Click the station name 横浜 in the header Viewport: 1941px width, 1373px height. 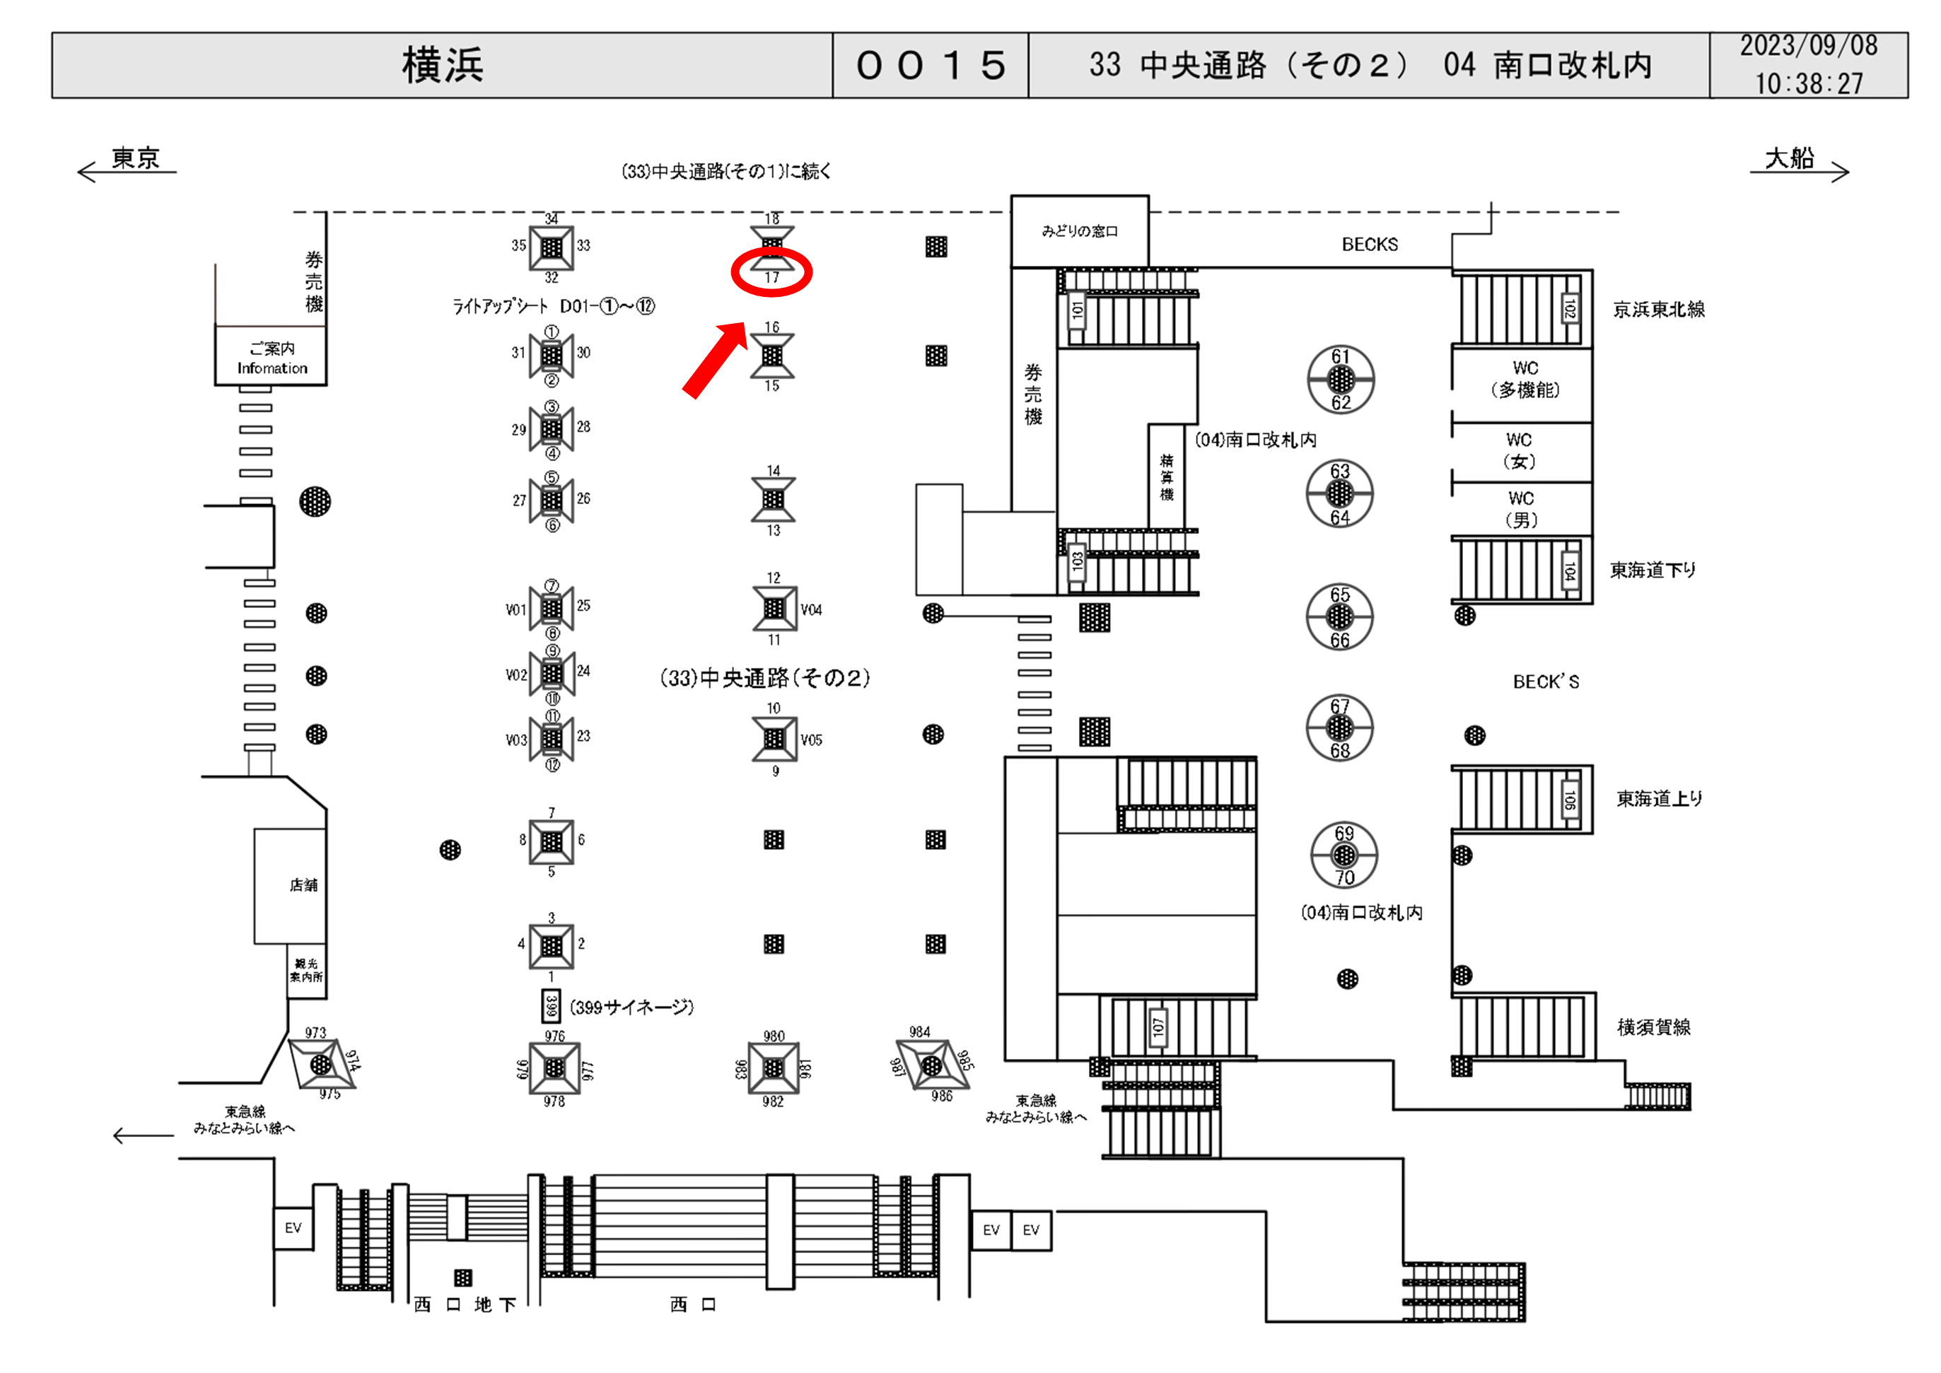click(442, 65)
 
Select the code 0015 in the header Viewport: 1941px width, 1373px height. click(930, 65)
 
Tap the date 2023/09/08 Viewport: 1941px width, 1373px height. click(1808, 46)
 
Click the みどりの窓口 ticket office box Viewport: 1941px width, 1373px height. click(1080, 230)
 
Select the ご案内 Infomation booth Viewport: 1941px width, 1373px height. click(272, 358)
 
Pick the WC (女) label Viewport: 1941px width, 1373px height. click(1519, 450)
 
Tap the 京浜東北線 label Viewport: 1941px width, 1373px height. click(1659, 310)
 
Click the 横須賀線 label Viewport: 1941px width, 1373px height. click(1654, 1027)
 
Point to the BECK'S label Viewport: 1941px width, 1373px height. click(1545, 682)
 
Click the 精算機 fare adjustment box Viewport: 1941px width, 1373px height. click(1166, 476)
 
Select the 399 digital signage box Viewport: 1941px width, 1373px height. click(552, 1006)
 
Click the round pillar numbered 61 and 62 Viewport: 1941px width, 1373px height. click(1341, 380)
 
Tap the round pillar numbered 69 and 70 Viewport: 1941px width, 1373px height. click(1344, 855)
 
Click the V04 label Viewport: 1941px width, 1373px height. click(811, 609)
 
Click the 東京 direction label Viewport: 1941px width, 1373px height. click(135, 158)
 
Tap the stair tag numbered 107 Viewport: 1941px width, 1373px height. click(1158, 1027)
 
